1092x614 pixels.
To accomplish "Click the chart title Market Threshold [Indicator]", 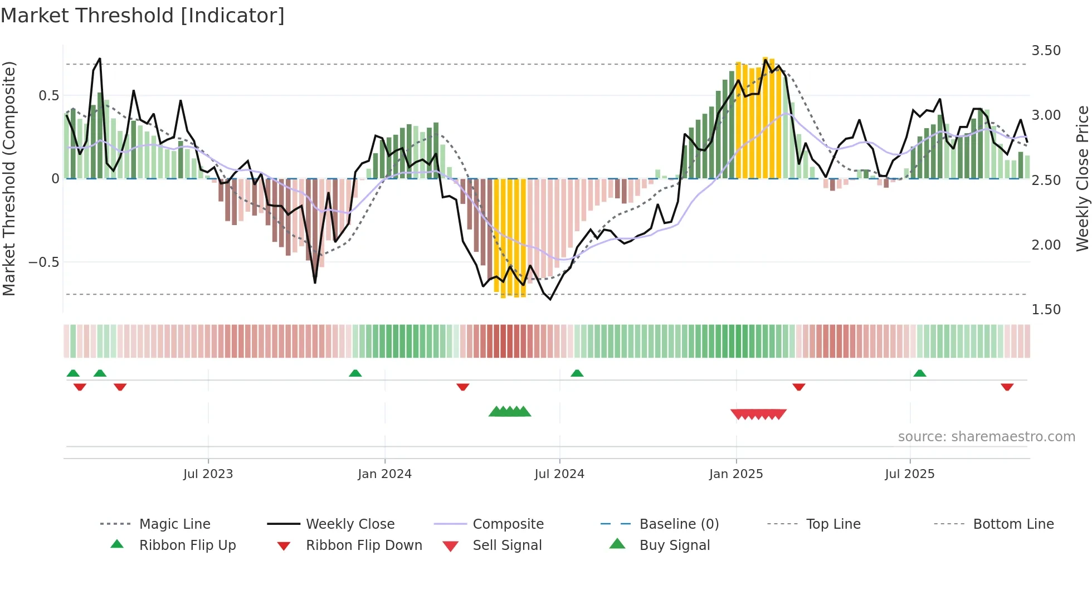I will (x=143, y=16).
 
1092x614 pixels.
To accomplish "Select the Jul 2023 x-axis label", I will (x=208, y=474).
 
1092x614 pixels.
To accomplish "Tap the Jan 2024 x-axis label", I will (x=384, y=474).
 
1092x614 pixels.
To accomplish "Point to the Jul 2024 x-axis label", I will (x=559, y=474).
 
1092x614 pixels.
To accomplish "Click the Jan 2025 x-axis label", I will (x=736, y=474).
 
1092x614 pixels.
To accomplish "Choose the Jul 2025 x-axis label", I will (x=910, y=474).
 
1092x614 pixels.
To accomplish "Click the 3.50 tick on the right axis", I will (x=1046, y=51).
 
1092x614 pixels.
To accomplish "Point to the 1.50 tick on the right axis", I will (x=1046, y=310).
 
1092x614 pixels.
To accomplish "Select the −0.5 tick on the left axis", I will (x=44, y=262).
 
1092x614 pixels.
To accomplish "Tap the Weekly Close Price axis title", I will (x=1082, y=178).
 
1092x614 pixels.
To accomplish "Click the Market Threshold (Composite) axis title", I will (x=9, y=178).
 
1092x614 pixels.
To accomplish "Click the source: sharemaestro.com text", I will (x=986, y=437).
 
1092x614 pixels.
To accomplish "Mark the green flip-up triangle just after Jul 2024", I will (x=577, y=373).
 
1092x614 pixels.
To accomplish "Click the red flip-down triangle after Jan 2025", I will (x=799, y=387).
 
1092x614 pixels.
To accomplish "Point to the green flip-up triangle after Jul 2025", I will (x=920, y=373).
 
